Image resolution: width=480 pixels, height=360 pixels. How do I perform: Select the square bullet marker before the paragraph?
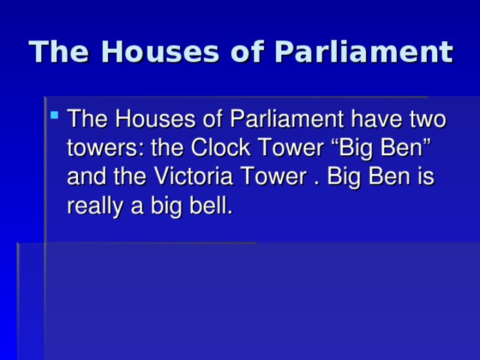[55, 115]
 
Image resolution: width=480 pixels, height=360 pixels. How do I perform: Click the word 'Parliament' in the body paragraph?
[286, 119]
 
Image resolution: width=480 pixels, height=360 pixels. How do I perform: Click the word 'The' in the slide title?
[58, 52]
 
